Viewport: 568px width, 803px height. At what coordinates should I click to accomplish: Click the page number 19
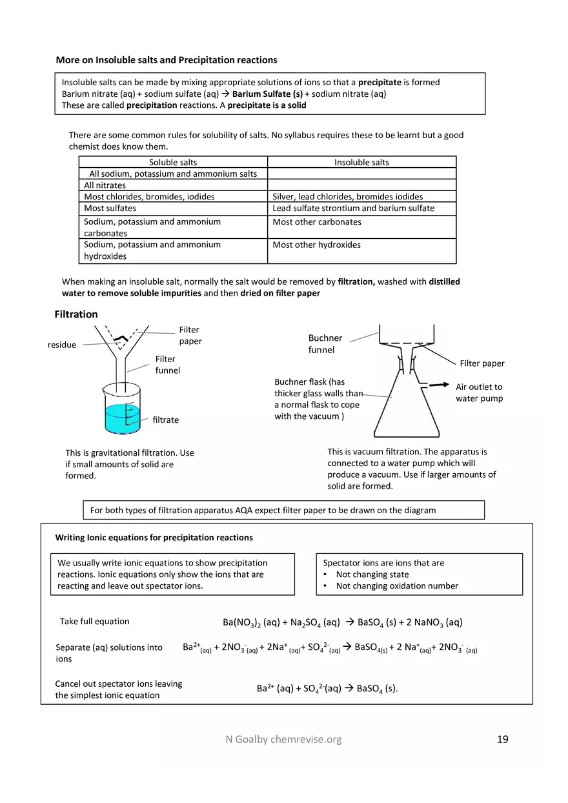(502, 739)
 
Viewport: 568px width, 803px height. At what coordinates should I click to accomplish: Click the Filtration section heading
(76, 314)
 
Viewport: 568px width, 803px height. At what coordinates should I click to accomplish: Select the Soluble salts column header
(173, 163)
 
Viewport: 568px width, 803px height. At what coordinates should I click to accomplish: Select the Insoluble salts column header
(361, 163)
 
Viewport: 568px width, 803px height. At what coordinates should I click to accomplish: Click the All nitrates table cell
(105, 185)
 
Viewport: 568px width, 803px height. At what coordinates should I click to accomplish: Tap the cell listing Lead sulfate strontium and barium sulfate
(353, 208)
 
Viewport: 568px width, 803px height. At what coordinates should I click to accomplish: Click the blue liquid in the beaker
(121, 420)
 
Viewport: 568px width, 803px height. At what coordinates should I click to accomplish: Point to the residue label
(62, 345)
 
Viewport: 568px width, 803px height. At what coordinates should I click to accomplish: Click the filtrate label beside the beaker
(165, 420)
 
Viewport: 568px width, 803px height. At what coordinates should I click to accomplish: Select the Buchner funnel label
(325, 344)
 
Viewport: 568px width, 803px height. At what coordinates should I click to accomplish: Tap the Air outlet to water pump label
(479, 392)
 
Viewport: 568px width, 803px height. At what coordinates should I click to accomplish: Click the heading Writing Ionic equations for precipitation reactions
(154, 538)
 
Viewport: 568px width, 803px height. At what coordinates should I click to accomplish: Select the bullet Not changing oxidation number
(397, 586)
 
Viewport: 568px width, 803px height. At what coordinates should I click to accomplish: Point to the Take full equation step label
(94, 622)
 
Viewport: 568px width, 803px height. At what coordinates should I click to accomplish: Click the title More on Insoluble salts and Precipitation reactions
(167, 60)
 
